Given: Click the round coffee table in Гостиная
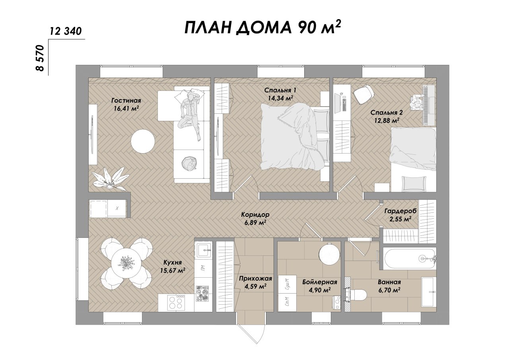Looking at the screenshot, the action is [143, 141].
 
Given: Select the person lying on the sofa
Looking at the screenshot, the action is [190, 114].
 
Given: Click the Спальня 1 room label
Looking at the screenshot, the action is [280, 90].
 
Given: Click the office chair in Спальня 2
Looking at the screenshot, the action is [363, 94].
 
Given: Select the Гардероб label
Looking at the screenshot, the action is [400, 211].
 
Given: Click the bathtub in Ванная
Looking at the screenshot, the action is [409, 259].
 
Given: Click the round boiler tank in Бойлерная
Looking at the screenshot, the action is [329, 253].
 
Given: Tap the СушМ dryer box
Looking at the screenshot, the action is [287, 284].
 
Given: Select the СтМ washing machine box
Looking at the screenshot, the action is [287, 302].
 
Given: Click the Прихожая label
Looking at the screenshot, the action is [255, 278].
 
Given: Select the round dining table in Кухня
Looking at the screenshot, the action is [126, 263].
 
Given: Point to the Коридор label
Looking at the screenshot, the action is [255, 214].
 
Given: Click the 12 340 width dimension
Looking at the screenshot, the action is [66, 31].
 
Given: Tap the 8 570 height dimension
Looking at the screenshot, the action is [40, 58].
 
